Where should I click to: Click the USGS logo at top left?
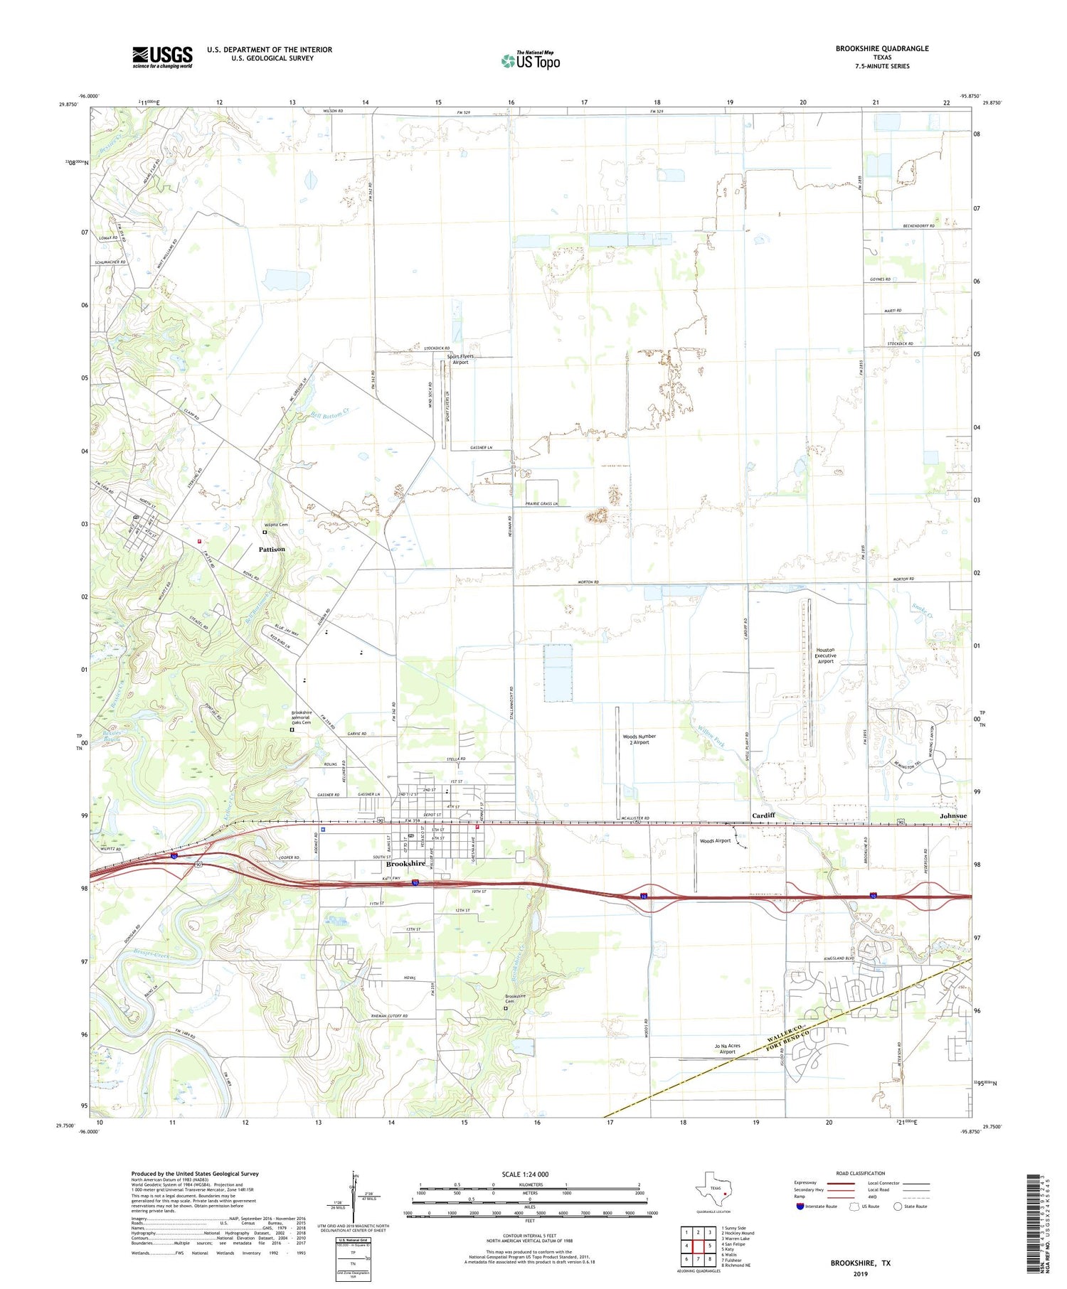point(161,57)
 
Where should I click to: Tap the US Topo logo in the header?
point(530,60)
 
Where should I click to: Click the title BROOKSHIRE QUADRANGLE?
point(881,48)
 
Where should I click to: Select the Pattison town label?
point(272,549)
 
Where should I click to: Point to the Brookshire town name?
point(405,864)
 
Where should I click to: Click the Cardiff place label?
point(763,815)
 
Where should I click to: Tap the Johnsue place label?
point(953,815)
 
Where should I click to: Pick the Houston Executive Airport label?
point(825,656)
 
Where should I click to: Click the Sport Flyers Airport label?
point(460,359)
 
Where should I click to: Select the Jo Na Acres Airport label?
point(727,1049)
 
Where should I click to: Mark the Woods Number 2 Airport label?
point(639,739)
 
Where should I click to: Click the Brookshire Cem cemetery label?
point(516,999)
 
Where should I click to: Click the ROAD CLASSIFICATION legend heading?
point(861,1173)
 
